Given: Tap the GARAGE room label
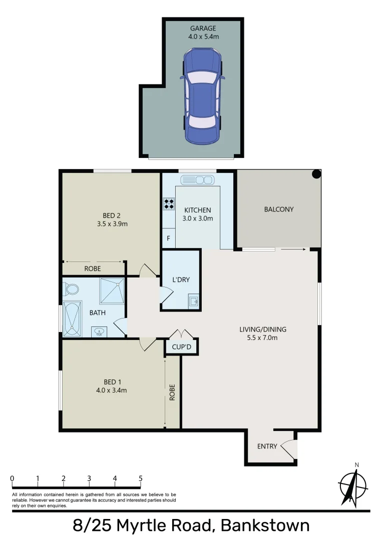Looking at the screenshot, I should (203, 28).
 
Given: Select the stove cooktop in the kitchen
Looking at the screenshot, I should (169, 203).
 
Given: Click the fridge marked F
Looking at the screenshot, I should (168, 238).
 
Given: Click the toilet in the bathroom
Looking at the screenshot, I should (71, 289).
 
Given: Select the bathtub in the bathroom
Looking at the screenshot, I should (73, 318).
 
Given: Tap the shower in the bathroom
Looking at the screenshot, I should (112, 290).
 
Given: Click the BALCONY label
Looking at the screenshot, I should (278, 209).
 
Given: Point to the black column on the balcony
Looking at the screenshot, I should (316, 174).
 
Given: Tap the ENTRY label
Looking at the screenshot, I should (267, 446).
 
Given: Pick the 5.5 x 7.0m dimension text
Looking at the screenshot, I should (263, 337).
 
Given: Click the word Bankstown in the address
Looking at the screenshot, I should (265, 525).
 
